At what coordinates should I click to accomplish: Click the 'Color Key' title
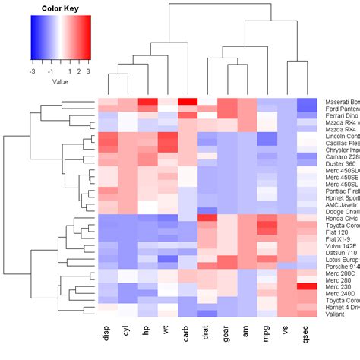(x=60, y=8)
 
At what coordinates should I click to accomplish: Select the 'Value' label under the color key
(x=60, y=81)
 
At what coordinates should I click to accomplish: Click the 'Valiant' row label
(x=337, y=313)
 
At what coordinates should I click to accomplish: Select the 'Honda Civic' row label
(x=343, y=197)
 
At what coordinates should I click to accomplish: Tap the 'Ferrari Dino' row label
(x=343, y=118)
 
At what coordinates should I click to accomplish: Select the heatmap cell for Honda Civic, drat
(x=207, y=197)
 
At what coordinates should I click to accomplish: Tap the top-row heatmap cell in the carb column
(x=186, y=102)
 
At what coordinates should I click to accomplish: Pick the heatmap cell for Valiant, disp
(x=107, y=313)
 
